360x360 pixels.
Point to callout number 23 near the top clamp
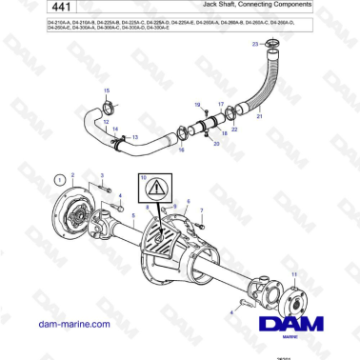253,44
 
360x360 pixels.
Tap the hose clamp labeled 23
271,45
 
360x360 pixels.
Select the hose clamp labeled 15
108,106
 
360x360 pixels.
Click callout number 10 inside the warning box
144,178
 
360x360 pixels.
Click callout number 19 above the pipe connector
198,103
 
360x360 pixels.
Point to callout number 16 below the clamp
182,150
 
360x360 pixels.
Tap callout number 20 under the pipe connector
217,143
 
